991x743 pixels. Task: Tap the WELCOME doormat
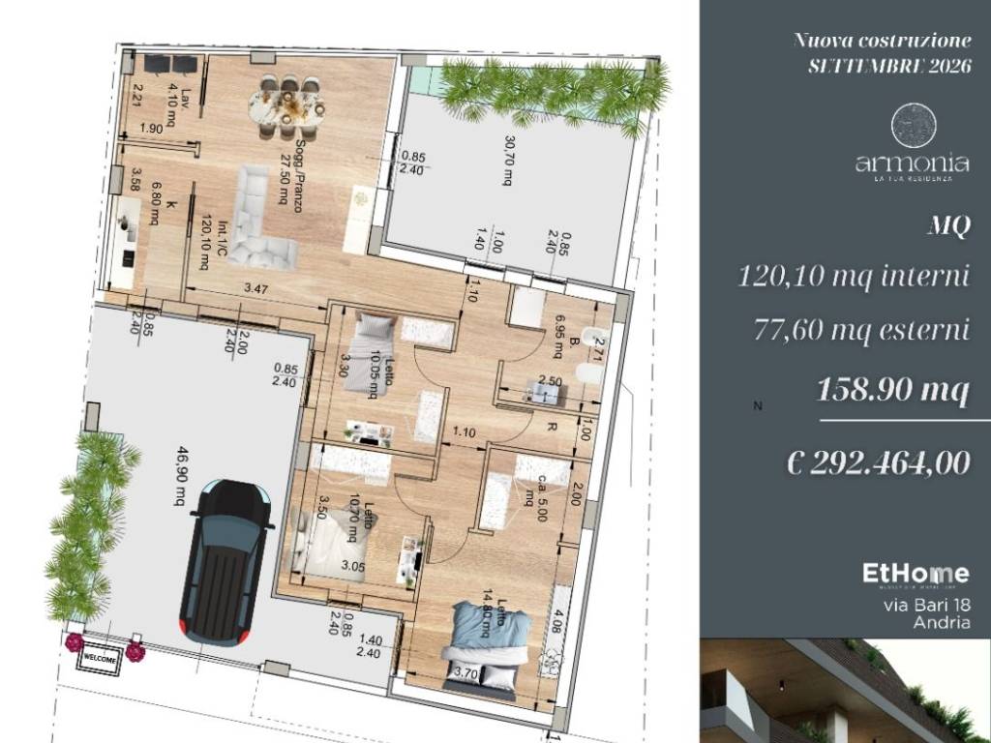click(x=102, y=659)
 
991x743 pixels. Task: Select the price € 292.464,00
click(x=879, y=462)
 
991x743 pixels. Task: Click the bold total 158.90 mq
click(x=892, y=390)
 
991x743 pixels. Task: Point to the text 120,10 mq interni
click(x=854, y=278)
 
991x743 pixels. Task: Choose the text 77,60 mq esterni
click(x=861, y=330)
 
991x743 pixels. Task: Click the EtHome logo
click(x=915, y=575)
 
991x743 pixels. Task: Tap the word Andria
click(x=941, y=623)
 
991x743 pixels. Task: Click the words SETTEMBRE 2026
click(x=889, y=66)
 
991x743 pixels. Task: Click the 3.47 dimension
click(x=255, y=287)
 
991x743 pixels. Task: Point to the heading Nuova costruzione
click(x=882, y=41)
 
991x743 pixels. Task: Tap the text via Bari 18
click(x=927, y=606)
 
